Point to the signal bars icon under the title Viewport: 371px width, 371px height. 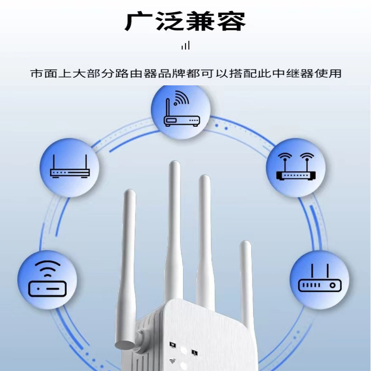tap(185, 45)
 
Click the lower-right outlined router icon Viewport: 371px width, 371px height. tap(320, 281)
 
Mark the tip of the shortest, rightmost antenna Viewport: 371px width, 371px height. tap(244, 244)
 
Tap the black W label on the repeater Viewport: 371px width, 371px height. tap(173, 345)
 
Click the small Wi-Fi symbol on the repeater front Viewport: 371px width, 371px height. tap(173, 361)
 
